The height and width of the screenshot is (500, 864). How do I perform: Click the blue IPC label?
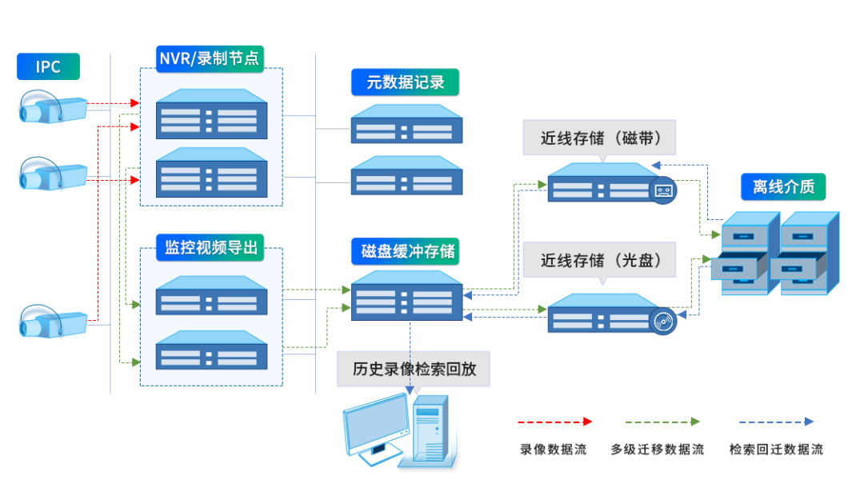coord(48,66)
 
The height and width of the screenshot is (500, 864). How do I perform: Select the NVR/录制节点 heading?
coord(210,58)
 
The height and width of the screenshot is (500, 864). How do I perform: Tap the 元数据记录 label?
coord(406,82)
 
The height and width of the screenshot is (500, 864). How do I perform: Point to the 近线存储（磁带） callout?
coord(600,138)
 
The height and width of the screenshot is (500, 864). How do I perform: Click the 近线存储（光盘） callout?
coord(600,260)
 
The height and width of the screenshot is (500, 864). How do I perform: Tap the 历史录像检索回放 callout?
coord(414,369)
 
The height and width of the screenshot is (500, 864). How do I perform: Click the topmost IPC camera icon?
coord(52,106)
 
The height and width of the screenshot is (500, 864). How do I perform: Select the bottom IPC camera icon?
coord(52,320)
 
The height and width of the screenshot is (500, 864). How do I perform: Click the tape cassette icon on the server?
coord(664,191)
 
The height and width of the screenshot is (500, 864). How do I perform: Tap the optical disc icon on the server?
coord(664,322)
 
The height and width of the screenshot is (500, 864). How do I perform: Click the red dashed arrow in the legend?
coord(554,421)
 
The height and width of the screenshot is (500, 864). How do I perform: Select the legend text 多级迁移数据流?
coord(657,450)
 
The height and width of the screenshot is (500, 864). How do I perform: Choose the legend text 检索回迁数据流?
coord(775,450)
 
